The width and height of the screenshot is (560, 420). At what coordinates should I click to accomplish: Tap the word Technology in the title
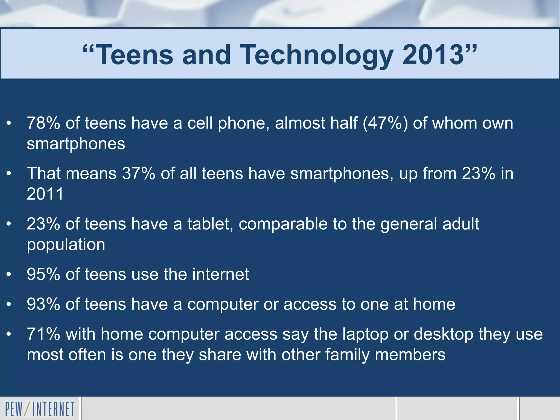click(x=316, y=55)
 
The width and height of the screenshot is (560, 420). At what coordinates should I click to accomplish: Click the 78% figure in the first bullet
click(x=43, y=123)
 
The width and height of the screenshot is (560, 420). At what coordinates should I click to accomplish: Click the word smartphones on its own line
click(x=76, y=144)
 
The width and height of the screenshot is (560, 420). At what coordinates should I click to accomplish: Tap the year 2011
click(x=45, y=194)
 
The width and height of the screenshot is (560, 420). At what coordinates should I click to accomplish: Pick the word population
click(x=66, y=244)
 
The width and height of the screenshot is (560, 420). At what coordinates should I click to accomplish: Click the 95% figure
click(x=43, y=274)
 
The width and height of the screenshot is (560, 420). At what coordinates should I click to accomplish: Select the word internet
click(x=220, y=274)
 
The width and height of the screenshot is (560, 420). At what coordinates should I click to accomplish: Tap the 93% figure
click(x=43, y=304)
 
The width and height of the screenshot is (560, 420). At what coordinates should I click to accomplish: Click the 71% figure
click(x=43, y=334)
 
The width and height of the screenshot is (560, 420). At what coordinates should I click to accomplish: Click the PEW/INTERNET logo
click(x=40, y=409)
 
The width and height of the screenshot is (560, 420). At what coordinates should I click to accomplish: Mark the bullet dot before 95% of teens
click(x=9, y=275)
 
